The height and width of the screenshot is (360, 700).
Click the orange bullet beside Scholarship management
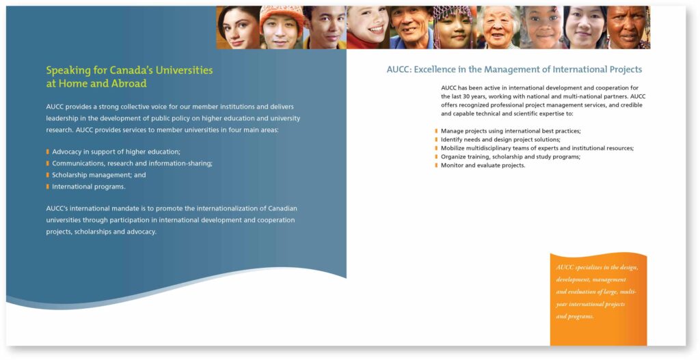47,175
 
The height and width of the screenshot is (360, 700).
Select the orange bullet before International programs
47,186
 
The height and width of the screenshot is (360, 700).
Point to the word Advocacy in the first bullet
66,152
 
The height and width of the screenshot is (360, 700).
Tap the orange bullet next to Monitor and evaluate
436,165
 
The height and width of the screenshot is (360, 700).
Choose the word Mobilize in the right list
452,148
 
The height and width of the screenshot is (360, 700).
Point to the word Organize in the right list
453,156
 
